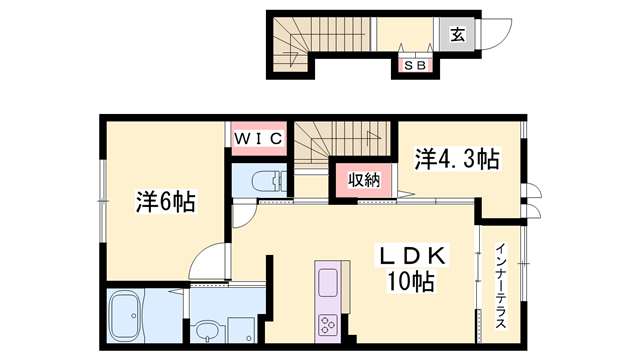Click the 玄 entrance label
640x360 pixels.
point(456,35)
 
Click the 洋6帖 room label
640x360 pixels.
point(165,201)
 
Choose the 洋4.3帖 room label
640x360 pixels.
point(457,158)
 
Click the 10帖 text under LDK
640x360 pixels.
point(410,283)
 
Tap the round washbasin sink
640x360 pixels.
point(208,330)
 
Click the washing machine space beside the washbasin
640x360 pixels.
point(244,326)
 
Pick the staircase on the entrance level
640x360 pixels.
point(295,45)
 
